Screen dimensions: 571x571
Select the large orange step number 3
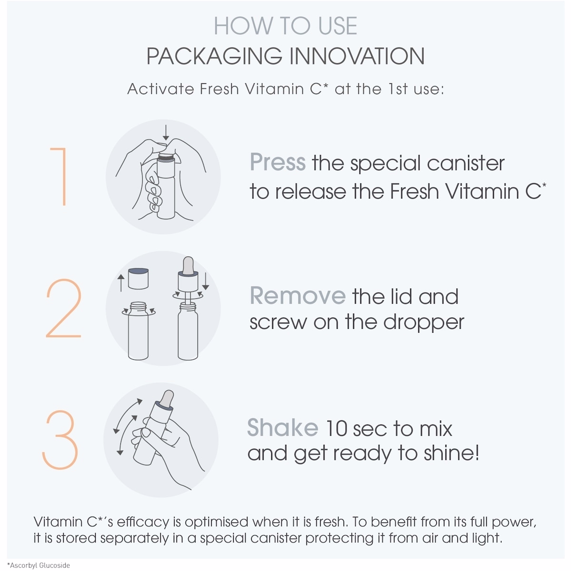60,440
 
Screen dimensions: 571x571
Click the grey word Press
277,162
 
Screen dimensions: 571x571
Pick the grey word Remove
297,295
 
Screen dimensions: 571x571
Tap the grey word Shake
283,427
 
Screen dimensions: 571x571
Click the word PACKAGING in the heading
214,56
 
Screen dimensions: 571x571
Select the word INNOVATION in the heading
357,56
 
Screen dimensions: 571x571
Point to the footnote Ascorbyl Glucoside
39,565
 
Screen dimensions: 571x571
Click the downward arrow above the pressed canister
166,132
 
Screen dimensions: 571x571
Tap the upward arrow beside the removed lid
121,283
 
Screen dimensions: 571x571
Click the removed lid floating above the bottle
138,278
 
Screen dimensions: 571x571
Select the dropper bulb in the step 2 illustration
188,266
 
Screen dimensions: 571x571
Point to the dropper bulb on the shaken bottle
167,399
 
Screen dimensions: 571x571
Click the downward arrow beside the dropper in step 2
206,281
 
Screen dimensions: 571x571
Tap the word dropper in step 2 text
424,323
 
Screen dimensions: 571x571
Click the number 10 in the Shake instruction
336,428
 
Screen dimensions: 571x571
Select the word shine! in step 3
451,453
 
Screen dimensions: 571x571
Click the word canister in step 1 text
465,163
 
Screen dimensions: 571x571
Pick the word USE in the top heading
337,26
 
